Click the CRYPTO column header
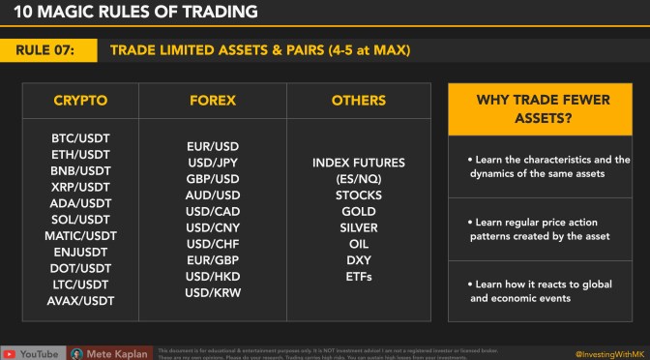coord(79,100)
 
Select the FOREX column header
coord(211,100)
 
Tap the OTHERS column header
coord(358,100)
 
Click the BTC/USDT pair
coord(79,139)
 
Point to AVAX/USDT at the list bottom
coord(79,301)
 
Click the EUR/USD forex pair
coord(211,147)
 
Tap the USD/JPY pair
coord(211,163)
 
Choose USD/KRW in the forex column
coord(211,292)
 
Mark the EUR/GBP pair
coord(211,260)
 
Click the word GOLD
coord(358,211)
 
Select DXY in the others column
coord(358,260)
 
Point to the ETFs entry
coord(358,277)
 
